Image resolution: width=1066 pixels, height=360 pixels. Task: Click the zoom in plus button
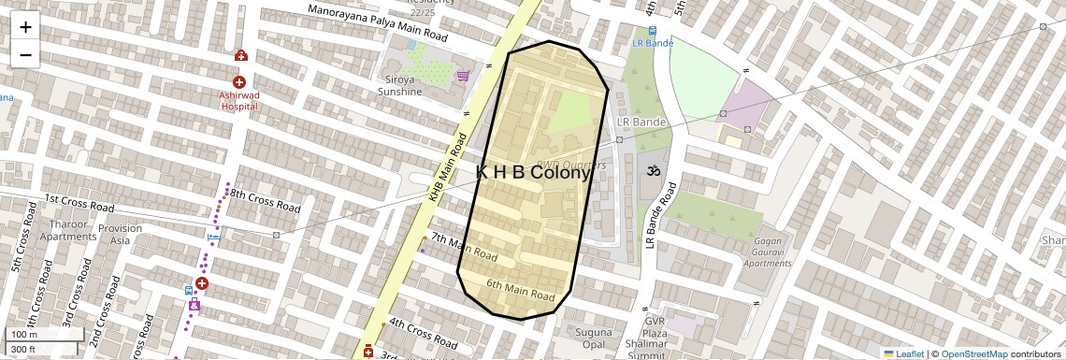coord(25,27)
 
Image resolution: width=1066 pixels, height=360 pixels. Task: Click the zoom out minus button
coord(25,54)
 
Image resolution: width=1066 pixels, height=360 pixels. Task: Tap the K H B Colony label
coord(534,173)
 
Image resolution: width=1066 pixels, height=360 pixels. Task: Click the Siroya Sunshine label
coord(399,86)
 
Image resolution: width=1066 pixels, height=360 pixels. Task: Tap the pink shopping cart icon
coord(462,76)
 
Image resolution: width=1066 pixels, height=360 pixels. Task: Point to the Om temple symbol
coord(651,172)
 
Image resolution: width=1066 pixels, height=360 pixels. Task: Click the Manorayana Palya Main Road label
coord(380,22)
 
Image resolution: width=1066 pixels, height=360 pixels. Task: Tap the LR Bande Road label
coord(659,215)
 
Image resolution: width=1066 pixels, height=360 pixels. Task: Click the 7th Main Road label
coord(463,248)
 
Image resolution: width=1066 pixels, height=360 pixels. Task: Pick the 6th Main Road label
coord(521,290)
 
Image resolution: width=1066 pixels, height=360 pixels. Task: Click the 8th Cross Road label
coord(265,201)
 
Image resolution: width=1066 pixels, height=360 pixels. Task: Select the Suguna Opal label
coord(594,338)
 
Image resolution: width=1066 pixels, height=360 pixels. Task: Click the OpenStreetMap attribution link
coord(973,353)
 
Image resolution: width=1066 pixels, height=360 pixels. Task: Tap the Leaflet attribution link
coord(903,353)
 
